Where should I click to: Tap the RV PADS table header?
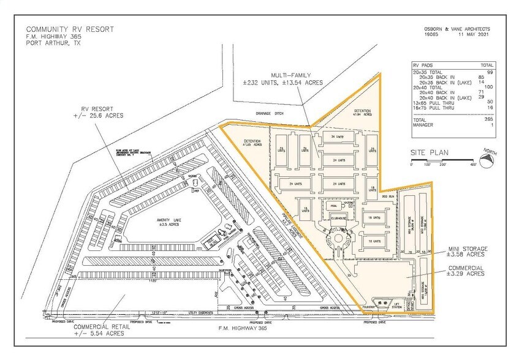pyautogui.click(x=422, y=64)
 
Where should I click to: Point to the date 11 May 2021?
pyautogui.click(x=474, y=36)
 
